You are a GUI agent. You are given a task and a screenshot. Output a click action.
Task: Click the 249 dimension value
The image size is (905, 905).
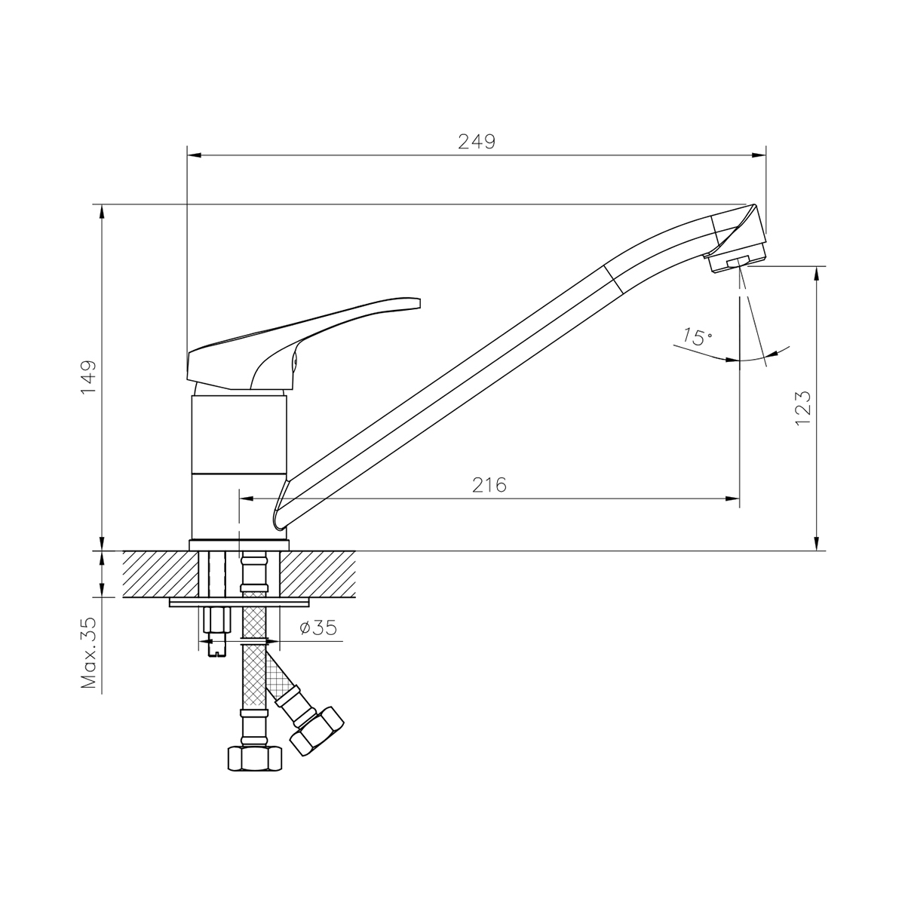pyautogui.click(x=477, y=142)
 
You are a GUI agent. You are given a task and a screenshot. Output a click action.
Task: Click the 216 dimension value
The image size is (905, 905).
pyautogui.click(x=489, y=485)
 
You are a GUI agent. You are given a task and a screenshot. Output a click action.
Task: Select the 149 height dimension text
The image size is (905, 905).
pyautogui.click(x=90, y=377)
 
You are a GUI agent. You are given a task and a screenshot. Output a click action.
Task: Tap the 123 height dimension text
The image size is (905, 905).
pyautogui.click(x=802, y=408)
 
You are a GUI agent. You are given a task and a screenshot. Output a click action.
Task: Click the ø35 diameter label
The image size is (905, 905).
pyautogui.click(x=318, y=627)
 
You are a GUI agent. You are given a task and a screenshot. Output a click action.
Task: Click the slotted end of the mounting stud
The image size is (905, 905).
pyautogui.click(x=215, y=646)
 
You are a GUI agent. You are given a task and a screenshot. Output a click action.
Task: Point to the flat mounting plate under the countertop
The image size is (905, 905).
pyautogui.click(x=240, y=602)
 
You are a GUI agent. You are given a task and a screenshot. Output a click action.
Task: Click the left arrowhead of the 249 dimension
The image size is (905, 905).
pyautogui.click(x=194, y=156)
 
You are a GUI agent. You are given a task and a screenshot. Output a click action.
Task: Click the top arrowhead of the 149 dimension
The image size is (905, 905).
pyautogui.click(x=101, y=210)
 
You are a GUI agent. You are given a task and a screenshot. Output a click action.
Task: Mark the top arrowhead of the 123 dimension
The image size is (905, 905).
pyautogui.click(x=817, y=273)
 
